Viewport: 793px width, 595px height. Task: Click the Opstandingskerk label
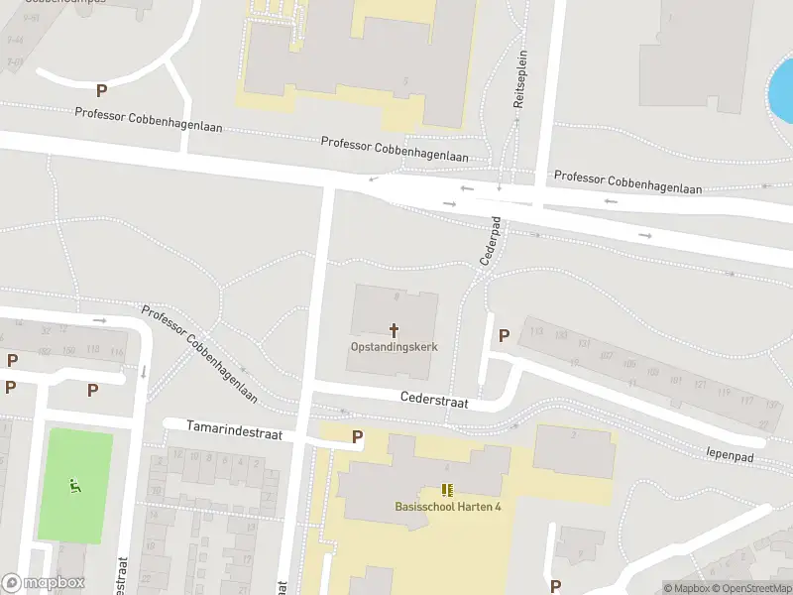point(394,347)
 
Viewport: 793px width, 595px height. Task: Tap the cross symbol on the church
point(394,329)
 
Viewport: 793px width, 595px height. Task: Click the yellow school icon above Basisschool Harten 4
point(447,490)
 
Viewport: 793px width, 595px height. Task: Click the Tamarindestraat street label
point(236,429)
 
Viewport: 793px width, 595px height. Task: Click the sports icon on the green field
point(73,485)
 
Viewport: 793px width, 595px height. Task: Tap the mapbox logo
point(43,583)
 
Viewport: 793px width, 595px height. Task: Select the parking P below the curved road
point(101,91)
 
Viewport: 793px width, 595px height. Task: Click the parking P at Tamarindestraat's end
point(357,436)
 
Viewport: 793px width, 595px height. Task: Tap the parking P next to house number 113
point(504,336)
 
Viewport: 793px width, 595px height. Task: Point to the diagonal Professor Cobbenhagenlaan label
point(199,353)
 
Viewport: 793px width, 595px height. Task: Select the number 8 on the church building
point(396,296)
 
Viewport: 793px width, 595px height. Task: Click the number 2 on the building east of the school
point(574,434)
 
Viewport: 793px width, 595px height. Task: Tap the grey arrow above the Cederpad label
point(499,187)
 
